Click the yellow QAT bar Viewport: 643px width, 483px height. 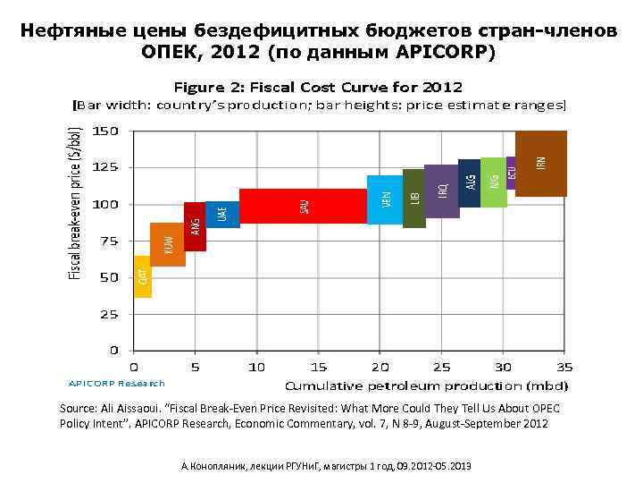coord(143,276)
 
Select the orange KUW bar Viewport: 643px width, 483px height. coord(168,244)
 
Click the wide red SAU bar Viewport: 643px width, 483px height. coord(304,206)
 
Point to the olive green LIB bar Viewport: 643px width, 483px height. coord(414,198)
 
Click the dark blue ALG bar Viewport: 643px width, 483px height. coord(470,183)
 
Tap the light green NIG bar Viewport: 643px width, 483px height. coord(494,182)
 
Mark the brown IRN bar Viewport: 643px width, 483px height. coord(541,163)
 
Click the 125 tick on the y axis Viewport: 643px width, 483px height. coord(106,167)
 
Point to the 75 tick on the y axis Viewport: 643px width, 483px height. coord(109,241)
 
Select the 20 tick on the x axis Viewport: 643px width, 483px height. coord(380,367)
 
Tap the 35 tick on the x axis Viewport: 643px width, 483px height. coord(565,367)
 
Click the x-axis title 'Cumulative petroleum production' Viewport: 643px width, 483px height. coord(426,386)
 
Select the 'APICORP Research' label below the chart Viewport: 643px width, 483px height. coord(117,383)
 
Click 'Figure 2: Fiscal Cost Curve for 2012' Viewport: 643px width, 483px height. coord(317,88)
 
